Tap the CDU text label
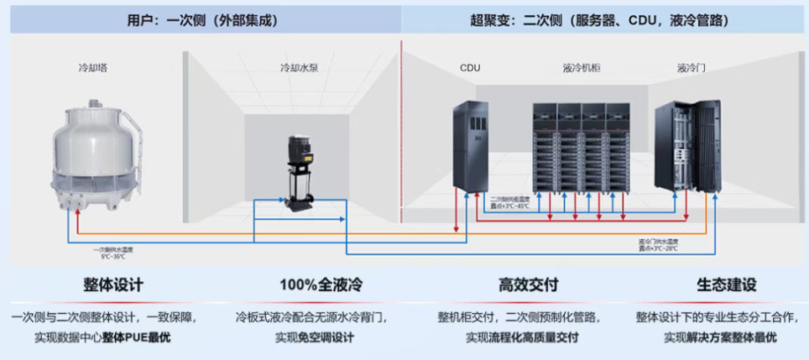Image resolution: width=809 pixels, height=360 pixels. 470,68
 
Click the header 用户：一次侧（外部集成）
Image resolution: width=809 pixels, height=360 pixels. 202,19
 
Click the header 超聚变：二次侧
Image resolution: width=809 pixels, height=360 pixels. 603,19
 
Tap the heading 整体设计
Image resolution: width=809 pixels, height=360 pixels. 113,285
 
